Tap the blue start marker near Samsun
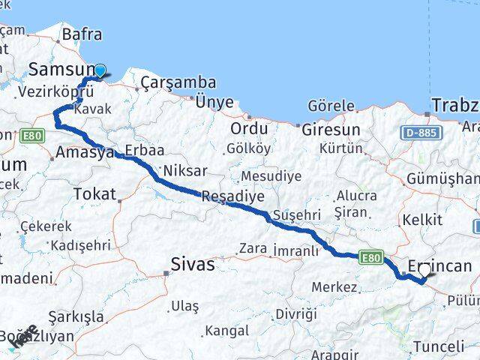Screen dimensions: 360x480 (x=100, y=72)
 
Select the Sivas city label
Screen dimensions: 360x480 (x=193, y=264)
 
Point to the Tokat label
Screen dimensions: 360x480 (x=94, y=194)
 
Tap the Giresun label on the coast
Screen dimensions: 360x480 (x=331, y=130)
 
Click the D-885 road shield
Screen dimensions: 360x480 (x=421, y=133)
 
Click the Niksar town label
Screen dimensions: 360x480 (x=184, y=169)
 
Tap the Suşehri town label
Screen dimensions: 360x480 (x=296, y=214)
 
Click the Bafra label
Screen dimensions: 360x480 (x=82, y=34)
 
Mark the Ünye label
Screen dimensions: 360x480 (x=214, y=102)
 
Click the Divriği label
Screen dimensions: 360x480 (x=300, y=313)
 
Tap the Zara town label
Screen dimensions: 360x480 (x=253, y=248)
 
